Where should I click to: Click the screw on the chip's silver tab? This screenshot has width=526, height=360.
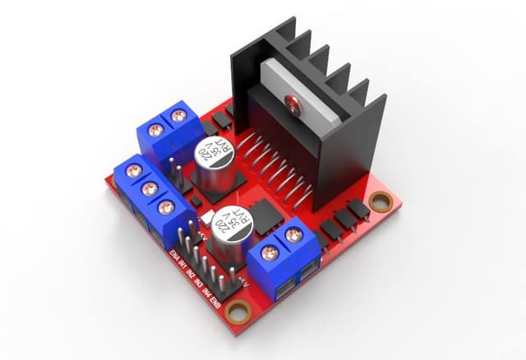click(292, 102)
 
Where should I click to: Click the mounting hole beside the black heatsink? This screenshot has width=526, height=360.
click(380, 201)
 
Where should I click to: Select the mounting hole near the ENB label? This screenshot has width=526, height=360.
click(238, 312)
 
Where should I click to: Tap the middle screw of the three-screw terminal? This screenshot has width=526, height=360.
click(149, 189)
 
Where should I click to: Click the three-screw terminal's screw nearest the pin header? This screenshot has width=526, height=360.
click(165, 207)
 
